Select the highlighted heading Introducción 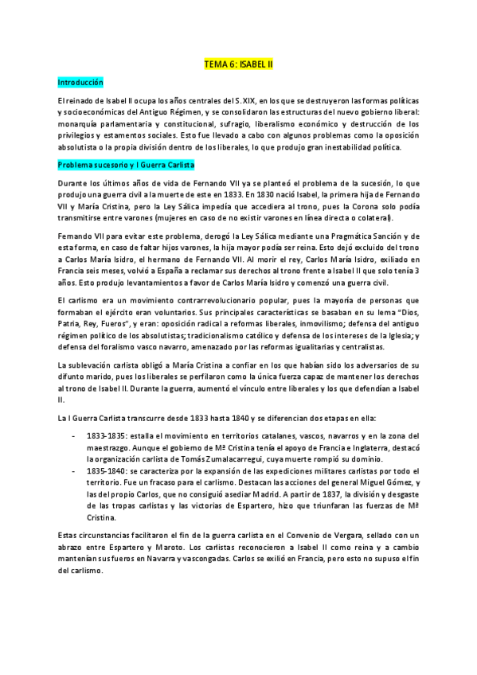[x=80, y=82]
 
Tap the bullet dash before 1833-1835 [x=74, y=437]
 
